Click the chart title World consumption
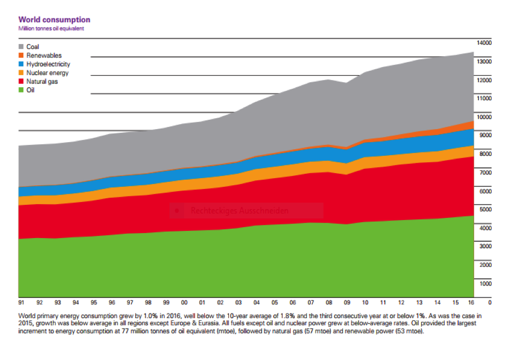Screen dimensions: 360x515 (x=54, y=20)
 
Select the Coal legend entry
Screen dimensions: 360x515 (x=32, y=47)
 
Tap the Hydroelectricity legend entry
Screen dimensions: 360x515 (x=48, y=64)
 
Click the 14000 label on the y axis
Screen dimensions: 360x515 (x=484, y=42)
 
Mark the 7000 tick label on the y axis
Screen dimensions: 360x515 (x=486, y=172)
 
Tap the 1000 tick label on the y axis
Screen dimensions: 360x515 (x=486, y=283)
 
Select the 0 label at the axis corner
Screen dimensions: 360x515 (x=490, y=302)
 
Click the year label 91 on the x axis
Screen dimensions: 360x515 (x=22, y=302)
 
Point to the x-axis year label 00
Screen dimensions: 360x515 (x=184, y=302)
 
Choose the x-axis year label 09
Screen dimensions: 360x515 (x=346, y=302)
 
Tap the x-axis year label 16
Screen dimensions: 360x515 (x=472, y=302)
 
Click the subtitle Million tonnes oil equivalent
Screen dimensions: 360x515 (x=51, y=28)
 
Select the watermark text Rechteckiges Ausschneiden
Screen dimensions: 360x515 (x=239, y=210)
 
